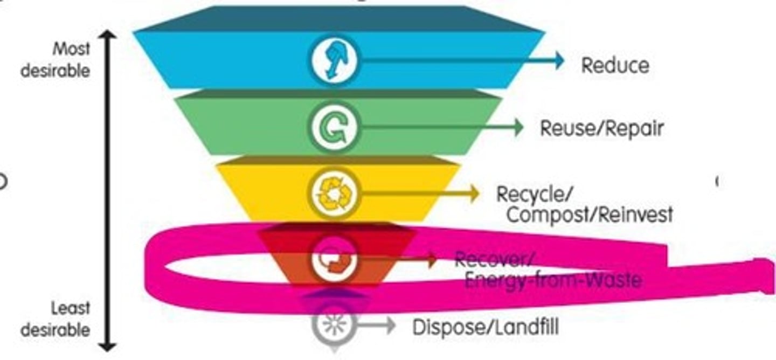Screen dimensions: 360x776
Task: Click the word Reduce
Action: [x=615, y=65]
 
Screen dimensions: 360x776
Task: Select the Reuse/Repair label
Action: [x=601, y=128]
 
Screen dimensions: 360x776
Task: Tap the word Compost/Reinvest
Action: [x=590, y=214]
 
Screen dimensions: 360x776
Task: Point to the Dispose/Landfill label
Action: [x=485, y=327]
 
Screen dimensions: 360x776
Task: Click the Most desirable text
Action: [x=56, y=59]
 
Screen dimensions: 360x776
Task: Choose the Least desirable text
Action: [x=56, y=319]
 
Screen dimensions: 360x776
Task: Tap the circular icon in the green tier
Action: [x=334, y=127]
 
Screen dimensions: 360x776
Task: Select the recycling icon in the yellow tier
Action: [x=335, y=193]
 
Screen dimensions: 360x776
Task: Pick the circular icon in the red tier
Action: [x=334, y=260]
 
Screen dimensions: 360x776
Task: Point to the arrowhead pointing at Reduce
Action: [x=558, y=60]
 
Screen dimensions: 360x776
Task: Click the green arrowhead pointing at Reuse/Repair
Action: [x=518, y=128]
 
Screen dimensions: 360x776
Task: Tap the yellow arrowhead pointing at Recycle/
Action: [x=474, y=193]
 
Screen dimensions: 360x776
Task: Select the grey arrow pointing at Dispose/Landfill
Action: [x=377, y=324]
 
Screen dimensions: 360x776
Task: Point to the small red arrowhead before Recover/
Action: [x=432, y=260]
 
